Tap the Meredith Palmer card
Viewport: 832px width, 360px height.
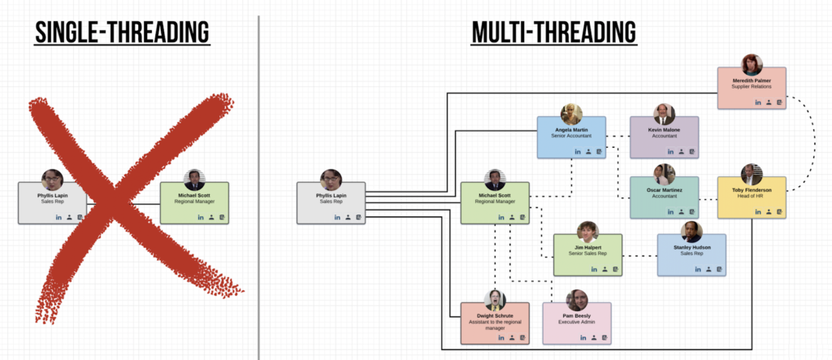tap(752, 89)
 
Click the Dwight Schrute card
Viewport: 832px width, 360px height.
tap(494, 323)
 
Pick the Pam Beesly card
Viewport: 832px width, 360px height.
tap(576, 323)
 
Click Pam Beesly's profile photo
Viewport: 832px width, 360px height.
tap(577, 299)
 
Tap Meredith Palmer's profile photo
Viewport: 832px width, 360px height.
tap(752, 65)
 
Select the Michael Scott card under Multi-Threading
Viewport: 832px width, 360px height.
tap(495, 202)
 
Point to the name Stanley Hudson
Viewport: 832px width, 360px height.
tap(691, 247)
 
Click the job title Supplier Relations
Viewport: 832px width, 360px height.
tap(752, 87)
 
